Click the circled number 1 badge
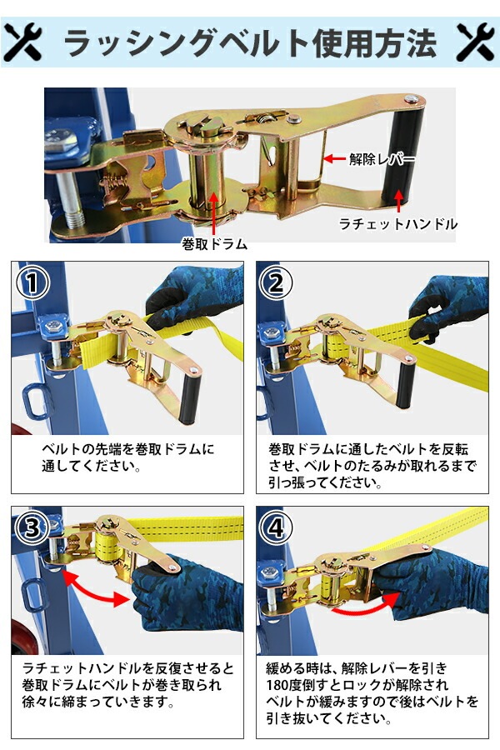click(32, 282)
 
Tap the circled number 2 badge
click(276, 282)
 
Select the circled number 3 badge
click(32, 528)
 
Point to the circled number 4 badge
click(276, 528)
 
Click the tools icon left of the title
click(23, 43)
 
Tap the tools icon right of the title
click(476, 43)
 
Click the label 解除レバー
click(382, 159)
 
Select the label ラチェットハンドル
click(397, 223)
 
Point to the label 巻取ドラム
click(214, 244)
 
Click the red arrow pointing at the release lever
click(334, 158)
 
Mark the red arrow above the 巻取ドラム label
click(214, 214)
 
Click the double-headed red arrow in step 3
click(96, 587)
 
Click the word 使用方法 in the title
click(375, 43)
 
